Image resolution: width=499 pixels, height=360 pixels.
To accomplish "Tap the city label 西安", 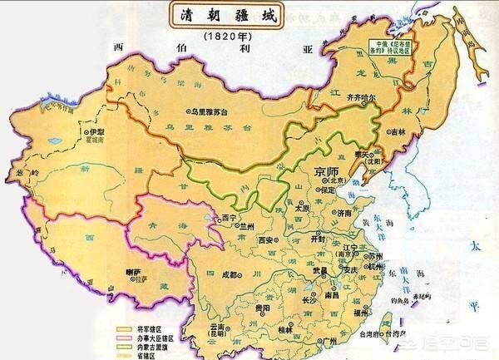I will [267, 239].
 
